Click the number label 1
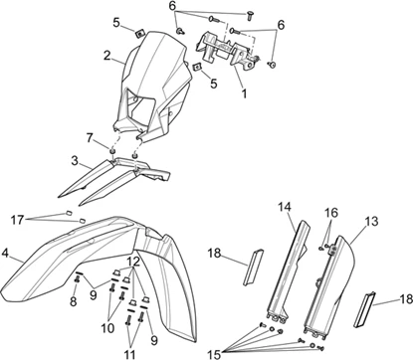[244, 93]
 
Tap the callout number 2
[106, 56]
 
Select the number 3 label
[75, 161]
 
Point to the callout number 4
[5, 254]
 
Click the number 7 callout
[90, 138]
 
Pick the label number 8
[74, 301]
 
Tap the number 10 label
[107, 328]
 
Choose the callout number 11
[129, 354]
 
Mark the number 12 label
[134, 262]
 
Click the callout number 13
[371, 221]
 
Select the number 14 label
[285, 207]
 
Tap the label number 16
[330, 213]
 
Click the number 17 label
[17, 220]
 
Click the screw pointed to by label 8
[77, 280]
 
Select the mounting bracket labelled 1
[228, 50]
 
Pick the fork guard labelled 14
[288, 271]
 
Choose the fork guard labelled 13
[329, 284]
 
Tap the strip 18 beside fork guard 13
[364, 309]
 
